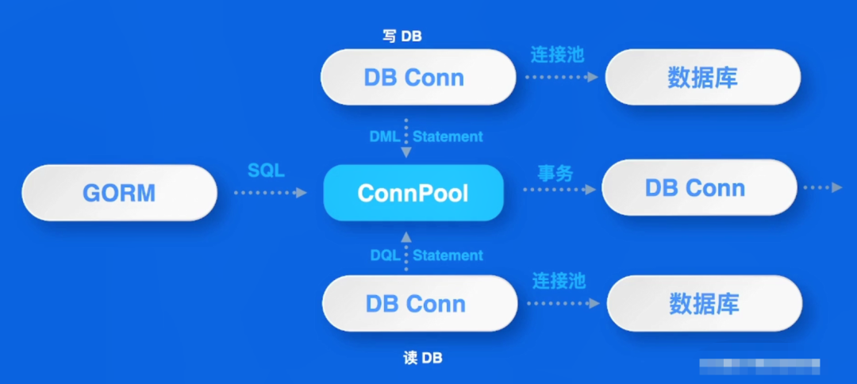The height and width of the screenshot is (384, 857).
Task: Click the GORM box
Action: (119, 193)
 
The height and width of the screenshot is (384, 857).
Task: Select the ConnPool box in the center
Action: (413, 193)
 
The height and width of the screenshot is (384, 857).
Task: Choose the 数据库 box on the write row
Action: (703, 77)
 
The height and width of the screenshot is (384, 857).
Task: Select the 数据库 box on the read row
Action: (705, 303)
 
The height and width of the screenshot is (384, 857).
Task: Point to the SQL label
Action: (266, 171)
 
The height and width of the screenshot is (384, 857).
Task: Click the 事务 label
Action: (555, 173)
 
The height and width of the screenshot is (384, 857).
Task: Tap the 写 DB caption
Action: (402, 36)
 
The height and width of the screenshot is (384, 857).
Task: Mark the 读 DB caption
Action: (422, 359)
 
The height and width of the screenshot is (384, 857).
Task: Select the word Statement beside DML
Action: (448, 136)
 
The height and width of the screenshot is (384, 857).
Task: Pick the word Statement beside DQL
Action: (448, 255)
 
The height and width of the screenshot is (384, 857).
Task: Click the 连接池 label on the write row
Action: (557, 54)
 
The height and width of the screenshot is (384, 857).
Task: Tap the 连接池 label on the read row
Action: (559, 280)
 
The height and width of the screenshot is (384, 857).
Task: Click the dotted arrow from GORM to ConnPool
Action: (270, 193)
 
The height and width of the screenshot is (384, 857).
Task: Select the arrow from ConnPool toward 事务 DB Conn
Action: (559, 190)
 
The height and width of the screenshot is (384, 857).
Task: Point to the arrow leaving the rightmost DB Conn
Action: (823, 187)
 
